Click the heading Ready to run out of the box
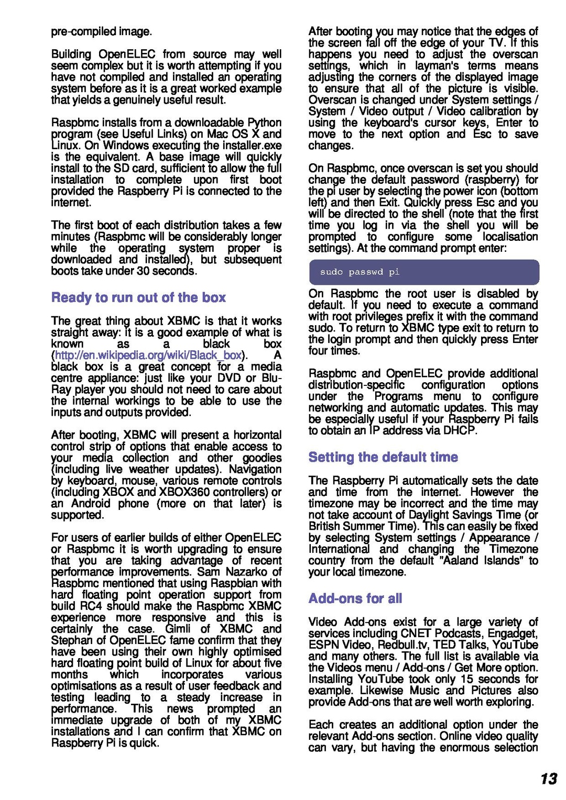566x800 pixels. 138,297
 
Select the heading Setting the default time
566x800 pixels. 383,457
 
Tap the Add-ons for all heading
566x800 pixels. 355,598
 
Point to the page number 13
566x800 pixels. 549,779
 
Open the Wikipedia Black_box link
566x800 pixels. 148,355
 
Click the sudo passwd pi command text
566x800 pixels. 360,272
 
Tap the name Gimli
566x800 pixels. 179,629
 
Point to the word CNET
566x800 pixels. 416,634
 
